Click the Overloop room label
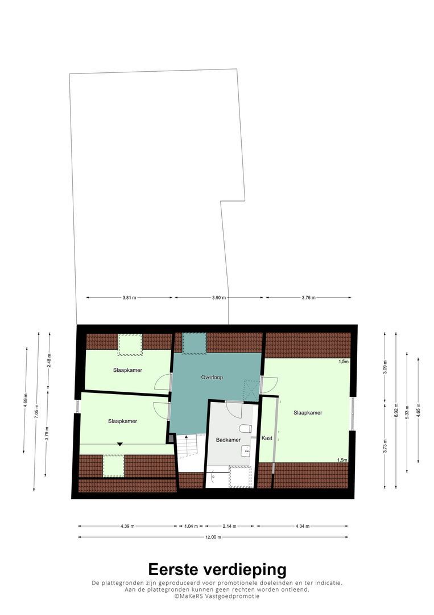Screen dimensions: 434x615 click(x=212, y=378)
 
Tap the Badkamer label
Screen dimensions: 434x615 click(x=228, y=440)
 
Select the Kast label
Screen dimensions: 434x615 click(x=267, y=438)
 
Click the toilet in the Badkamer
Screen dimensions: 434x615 click(x=245, y=428)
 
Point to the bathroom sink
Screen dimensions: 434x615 click(x=246, y=452)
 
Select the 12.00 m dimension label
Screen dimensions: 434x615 click(x=213, y=538)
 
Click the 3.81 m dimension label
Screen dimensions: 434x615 click(x=129, y=298)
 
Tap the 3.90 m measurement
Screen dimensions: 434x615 click(x=219, y=298)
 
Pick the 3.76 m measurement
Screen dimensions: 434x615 click(x=309, y=298)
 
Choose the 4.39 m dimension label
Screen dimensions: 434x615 click(x=127, y=526)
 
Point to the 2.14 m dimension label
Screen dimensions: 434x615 click(x=230, y=526)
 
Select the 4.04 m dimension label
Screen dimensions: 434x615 click(x=303, y=526)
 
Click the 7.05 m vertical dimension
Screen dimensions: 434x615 click(x=36, y=412)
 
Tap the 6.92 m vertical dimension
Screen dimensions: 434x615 click(x=396, y=410)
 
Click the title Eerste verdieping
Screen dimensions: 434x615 click(x=217, y=569)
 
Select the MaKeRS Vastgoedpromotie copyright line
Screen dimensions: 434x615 click(x=217, y=596)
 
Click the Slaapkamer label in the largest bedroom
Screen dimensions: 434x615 click(x=308, y=413)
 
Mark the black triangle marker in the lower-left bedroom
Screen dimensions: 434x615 click(x=120, y=444)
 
